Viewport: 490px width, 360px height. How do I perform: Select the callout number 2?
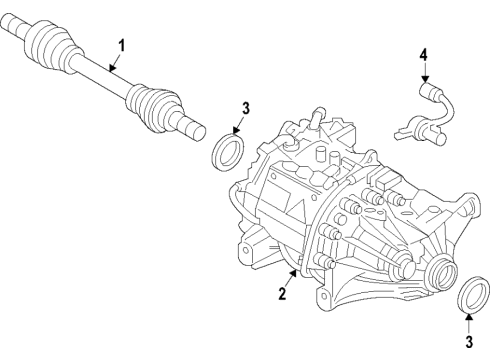click(x=283, y=294)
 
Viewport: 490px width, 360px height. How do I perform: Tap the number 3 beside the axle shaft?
click(x=245, y=110)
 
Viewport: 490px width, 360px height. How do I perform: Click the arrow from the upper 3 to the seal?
click(x=237, y=127)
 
